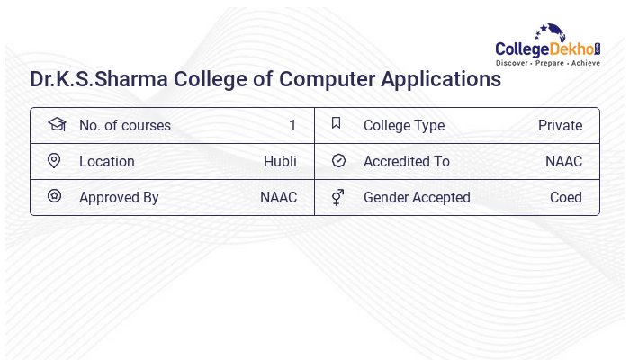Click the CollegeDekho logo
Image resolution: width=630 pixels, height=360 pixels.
(x=548, y=46)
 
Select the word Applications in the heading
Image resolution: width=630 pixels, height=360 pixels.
(x=441, y=79)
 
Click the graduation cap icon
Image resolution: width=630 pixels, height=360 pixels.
(x=56, y=124)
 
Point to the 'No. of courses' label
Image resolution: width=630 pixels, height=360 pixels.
(x=124, y=126)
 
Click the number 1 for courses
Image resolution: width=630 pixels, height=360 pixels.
(x=292, y=126)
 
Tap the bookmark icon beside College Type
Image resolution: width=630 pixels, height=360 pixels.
(x=337, y=123)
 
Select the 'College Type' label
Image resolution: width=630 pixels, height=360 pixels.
(x=404, y=126)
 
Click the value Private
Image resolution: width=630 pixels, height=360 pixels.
(x=560, y=126)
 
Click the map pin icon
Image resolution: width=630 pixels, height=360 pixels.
(x=54, y=161)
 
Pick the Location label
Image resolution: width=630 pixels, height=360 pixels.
(x=106, y=162)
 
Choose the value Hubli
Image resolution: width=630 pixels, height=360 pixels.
(x=280, y=162)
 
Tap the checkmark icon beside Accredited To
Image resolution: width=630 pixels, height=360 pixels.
(x=338, y=161)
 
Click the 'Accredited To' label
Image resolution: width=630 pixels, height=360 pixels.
(x=406, y=162)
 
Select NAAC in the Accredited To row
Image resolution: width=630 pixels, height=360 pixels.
(x=563, y=162)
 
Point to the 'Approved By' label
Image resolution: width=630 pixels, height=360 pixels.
(x=119, y=198)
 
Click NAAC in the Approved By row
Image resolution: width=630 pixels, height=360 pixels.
(x=278, y=198)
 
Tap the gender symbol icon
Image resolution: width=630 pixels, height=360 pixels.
(x=337, y=197)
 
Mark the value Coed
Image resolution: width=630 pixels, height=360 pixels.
(x=566, y=198)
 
